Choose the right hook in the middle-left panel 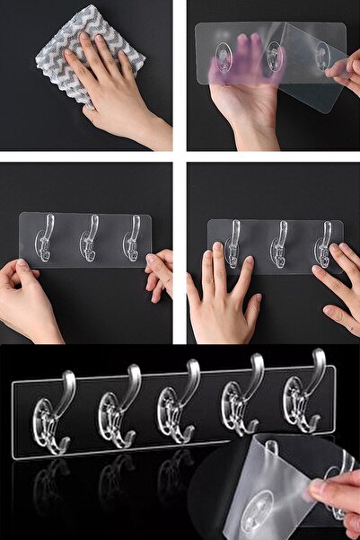[x=133, y=241]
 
